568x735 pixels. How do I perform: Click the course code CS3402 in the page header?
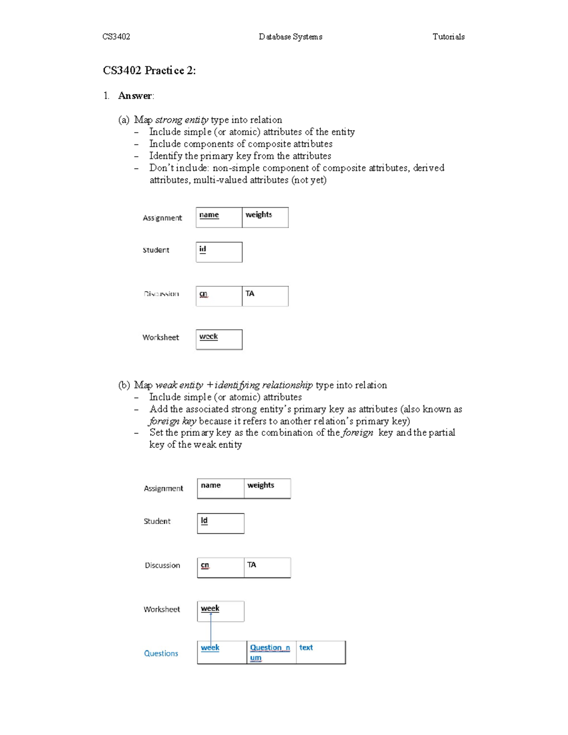[x=116, y=37]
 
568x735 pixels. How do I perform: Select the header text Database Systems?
[x=290, y=37]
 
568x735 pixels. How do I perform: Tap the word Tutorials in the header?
[x=448, y=37]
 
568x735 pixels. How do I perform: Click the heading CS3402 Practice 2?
[x=149, y=71]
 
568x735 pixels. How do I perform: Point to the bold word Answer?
[x=135, y=96]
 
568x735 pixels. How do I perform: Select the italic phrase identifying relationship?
[x=263, y=385]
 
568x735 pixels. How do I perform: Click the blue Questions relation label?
[x=161, y=653]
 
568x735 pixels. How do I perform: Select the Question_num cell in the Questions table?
[x=270, y=652]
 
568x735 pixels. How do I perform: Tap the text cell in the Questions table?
[x=306, y=647]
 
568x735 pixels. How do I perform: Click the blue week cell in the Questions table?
[x=210, y=647]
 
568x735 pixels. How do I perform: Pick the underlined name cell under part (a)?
[x=209, y=215]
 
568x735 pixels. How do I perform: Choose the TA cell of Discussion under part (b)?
[x=252, y=565]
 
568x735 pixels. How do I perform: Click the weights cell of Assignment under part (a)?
[x=259, y=214]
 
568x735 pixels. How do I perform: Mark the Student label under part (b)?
[x=157, y=521]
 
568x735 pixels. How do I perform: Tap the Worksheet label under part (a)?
[x=160, y=337]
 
